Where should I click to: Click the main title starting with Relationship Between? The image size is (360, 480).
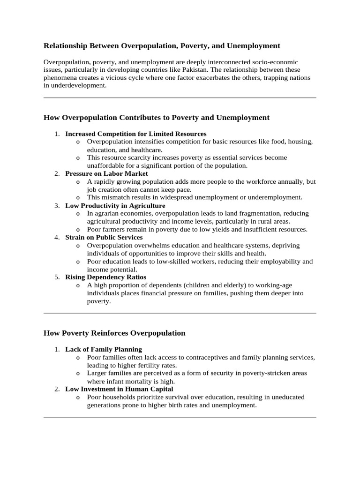click(162, 45)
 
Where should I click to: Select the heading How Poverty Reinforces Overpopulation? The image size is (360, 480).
click(114, 333)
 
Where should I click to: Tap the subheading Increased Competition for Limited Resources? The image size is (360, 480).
click(136, 134)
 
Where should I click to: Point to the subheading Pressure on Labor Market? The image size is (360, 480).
click(106, 173)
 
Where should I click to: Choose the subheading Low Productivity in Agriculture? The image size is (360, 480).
click(115, 205)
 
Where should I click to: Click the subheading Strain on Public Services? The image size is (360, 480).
click(104, 237)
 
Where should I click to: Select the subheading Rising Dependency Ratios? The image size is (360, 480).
click(106, 277)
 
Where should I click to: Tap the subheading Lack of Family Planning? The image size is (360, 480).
click(104, 349)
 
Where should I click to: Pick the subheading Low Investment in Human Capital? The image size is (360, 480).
click(119, 389)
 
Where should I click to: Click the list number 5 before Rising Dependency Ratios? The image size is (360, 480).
click(56, 277)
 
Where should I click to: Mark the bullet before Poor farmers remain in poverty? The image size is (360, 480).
click(78, 230)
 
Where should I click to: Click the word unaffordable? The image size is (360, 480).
click(104, 165)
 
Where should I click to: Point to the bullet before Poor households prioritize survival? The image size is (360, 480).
click(78, 397)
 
